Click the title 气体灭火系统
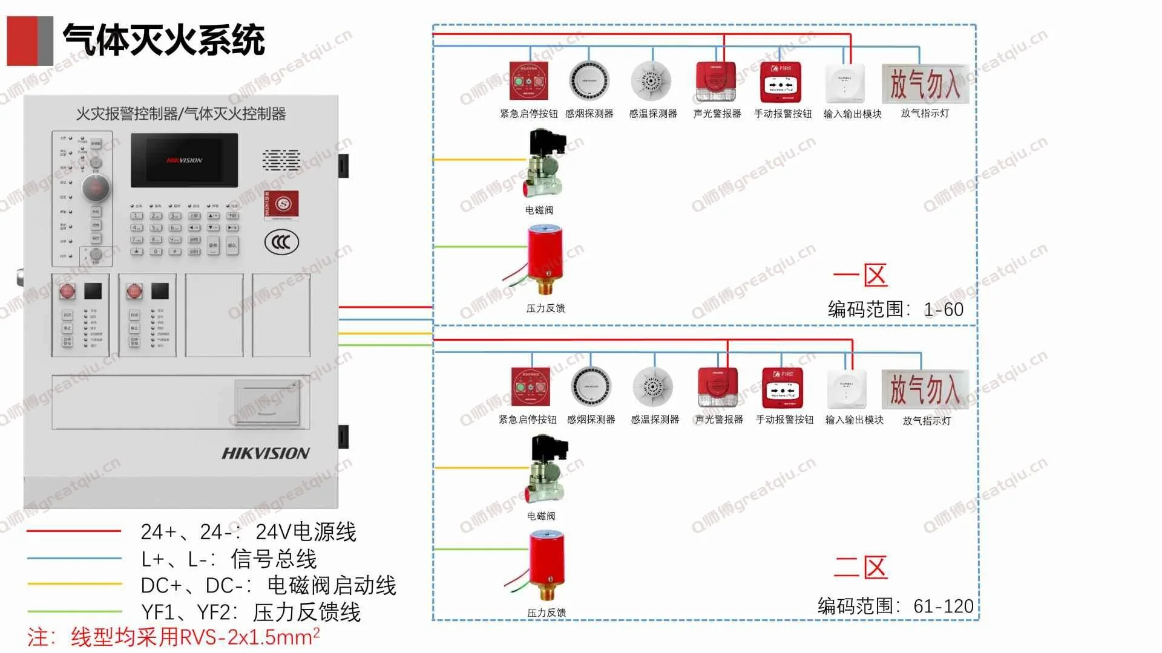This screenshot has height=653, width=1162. (163, 41)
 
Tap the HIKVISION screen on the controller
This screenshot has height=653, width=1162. (184, 160)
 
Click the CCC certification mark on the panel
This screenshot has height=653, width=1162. (281, 242)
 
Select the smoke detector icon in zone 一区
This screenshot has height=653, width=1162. (589, 81)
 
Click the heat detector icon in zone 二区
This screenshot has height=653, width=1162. (653, 386)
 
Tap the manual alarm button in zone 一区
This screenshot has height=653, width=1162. (781, 82)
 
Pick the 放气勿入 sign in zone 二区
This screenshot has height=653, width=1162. (925, 389)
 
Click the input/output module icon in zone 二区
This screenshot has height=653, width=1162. (846, 389)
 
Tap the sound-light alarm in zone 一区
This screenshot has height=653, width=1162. (716, 82)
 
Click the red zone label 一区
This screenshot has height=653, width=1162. (860, 276)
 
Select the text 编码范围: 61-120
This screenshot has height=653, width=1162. (895, 606)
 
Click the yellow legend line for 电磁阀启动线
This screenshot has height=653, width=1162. (74, 584)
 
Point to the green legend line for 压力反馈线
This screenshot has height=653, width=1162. (74, 611)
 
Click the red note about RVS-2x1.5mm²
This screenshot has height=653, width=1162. (173, 637)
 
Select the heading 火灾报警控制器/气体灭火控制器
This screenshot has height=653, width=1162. (180, 114)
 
